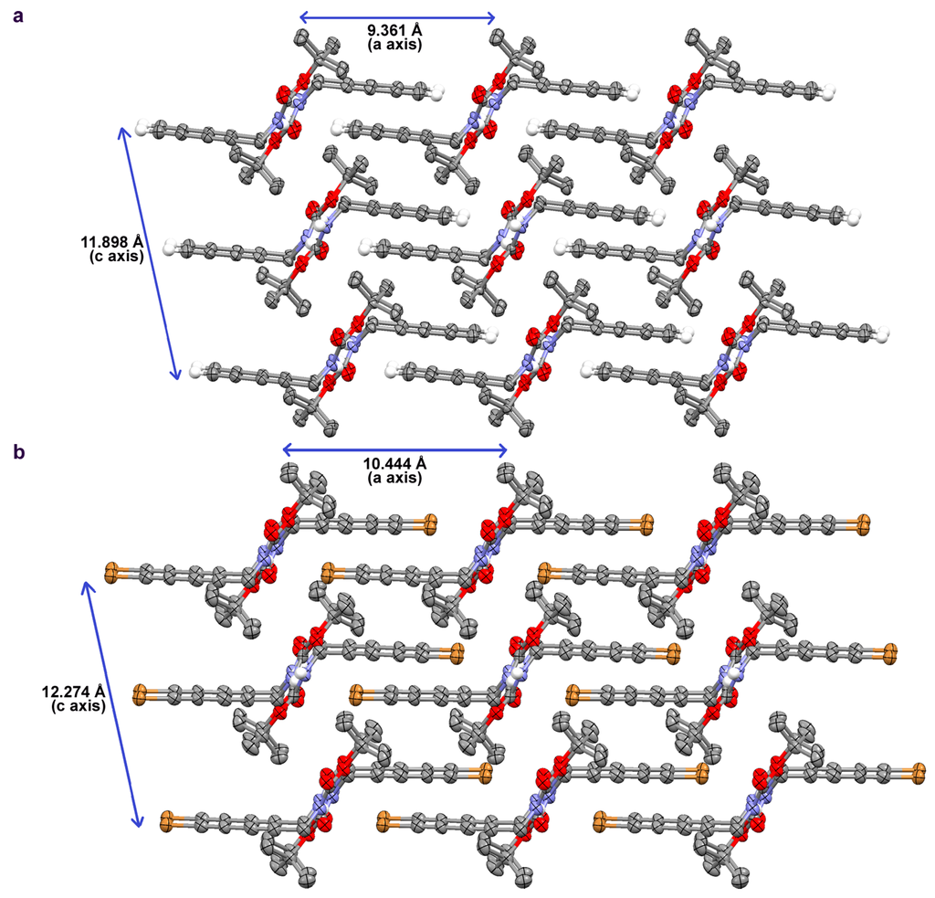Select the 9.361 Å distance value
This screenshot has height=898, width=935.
pyautogui.click(x=394, y=31)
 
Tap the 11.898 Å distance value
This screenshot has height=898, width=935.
pyautogui.click(x=112, y=242)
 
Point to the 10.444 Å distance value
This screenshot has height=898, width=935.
pyautogui.click(x=395, y=464)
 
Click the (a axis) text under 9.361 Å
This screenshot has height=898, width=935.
pyautogui.click(x=394, y=44)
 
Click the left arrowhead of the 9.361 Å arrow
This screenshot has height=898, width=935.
pyautogui.click(x=304, y=16)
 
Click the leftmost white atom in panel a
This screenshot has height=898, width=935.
pyautogui.click(x=142, y=128)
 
